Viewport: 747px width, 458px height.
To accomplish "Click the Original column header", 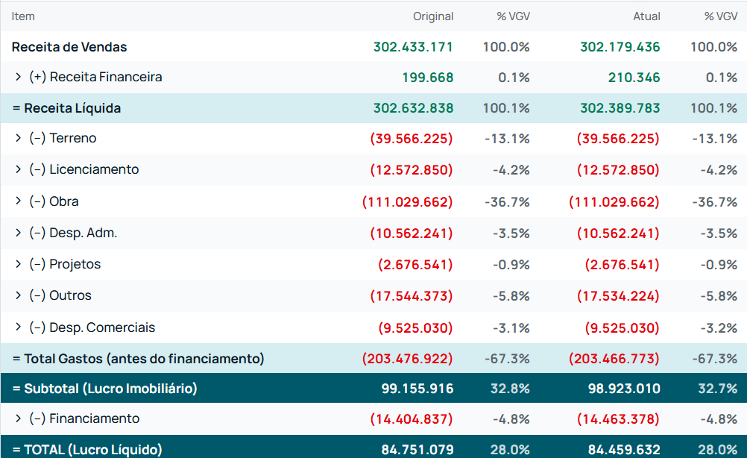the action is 433,16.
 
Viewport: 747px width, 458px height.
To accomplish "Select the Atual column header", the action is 646,16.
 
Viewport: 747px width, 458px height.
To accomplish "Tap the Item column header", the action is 23,16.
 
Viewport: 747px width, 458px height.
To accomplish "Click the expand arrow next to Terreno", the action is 18,138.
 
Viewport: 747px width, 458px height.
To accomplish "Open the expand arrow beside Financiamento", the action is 18,418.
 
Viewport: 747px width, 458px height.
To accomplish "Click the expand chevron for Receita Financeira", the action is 18,77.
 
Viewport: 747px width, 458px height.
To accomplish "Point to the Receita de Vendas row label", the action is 69,47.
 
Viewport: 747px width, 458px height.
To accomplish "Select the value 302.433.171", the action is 413,47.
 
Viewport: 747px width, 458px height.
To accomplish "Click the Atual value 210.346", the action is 634,78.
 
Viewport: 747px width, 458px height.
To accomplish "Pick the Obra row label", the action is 54,201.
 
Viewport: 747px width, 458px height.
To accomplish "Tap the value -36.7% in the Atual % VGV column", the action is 715,202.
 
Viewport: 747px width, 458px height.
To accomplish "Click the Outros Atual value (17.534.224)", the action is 618,296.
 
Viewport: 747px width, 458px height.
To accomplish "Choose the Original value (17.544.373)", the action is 412,296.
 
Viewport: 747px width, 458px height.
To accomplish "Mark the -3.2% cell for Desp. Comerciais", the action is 719,328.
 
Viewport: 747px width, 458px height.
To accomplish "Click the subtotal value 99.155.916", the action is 417,389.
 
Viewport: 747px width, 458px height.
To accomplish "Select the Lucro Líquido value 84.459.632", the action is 624,449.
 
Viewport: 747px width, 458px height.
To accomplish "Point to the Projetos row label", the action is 65,264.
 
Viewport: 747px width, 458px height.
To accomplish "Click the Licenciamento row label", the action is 83,169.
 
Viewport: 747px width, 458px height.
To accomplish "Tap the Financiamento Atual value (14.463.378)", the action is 618,419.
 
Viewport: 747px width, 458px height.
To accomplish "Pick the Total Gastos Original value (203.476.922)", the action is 407,358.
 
